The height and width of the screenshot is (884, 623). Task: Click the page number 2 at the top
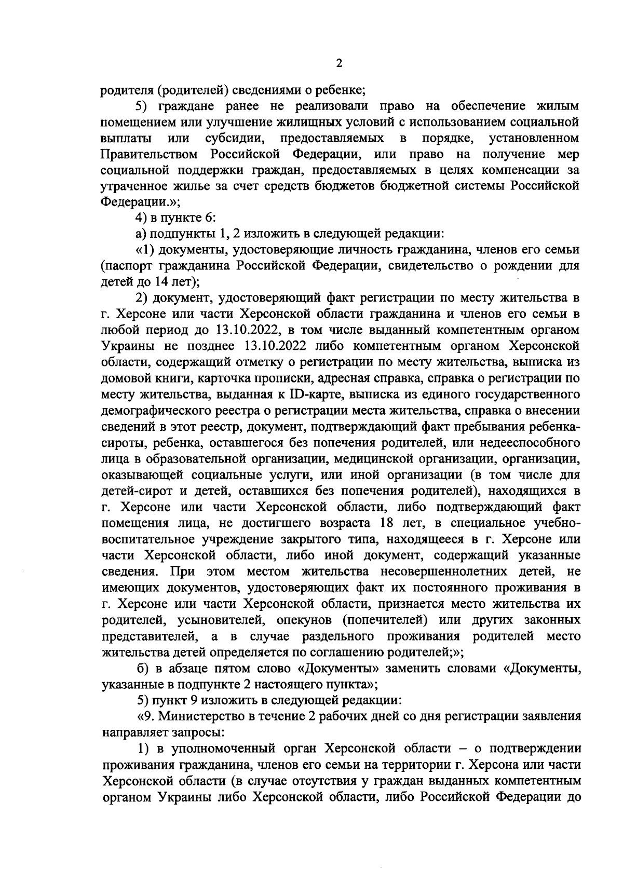coord(339,63)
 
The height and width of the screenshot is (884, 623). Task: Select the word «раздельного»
coord(328,636)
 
